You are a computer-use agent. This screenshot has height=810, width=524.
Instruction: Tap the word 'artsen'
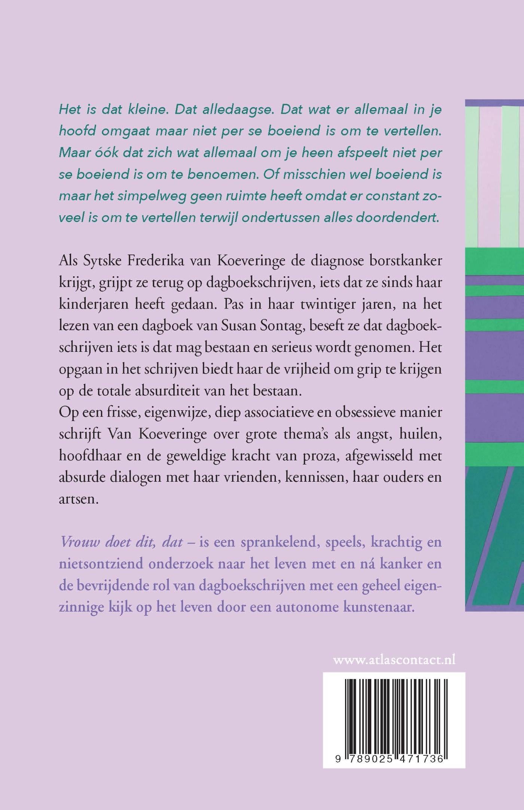78,499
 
